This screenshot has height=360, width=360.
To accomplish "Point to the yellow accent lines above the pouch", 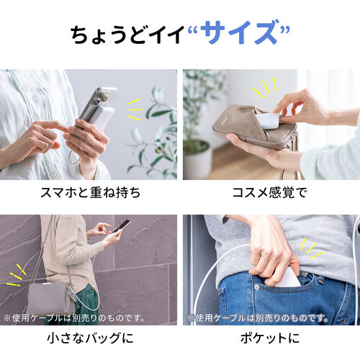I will [264, 88].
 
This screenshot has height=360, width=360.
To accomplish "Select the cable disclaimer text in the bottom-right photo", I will [256, 317].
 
